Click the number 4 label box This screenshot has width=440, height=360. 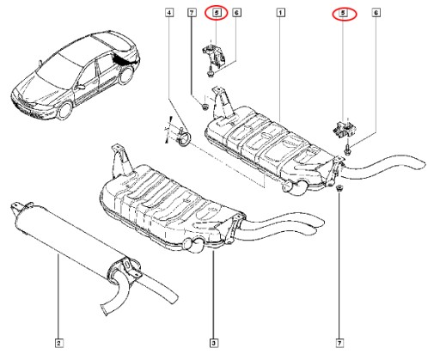point(169,13)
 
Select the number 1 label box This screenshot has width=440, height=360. point(280,13)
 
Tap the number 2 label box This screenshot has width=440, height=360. point(58,343)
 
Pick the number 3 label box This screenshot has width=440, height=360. point(213,343)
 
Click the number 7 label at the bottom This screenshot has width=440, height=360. point(339,343)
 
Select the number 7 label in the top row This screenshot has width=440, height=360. point(192,13)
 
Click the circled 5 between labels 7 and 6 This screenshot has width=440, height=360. point(217,13)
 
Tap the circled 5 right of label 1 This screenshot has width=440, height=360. point(343,13)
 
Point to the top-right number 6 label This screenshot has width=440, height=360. point(376,13)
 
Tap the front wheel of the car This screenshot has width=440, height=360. point(65,110)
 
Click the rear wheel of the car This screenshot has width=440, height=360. point(126,75)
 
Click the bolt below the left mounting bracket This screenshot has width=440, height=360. point(210,73)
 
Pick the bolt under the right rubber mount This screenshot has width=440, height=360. point(347,149)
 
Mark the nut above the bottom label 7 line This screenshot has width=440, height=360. point(339,188)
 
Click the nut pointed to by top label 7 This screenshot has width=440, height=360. point(205,107)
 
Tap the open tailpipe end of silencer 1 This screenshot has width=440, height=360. point(421,163)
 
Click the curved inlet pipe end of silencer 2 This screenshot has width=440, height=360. point(105,310)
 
